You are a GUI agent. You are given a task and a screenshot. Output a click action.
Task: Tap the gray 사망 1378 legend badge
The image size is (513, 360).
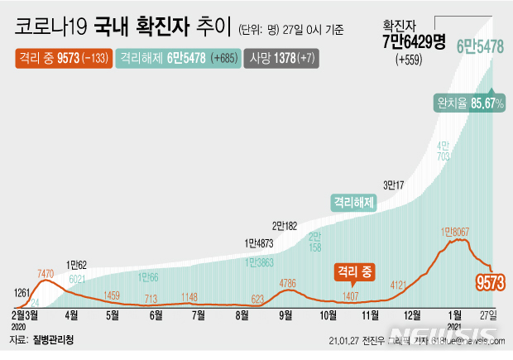pos(271,59)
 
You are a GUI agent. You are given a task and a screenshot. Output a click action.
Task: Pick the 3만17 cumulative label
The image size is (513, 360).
pos(393,185)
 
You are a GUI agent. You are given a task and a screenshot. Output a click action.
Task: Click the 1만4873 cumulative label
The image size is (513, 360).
pos(258,243)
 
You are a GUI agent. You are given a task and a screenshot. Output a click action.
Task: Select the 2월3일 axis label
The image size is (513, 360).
pos(26,315)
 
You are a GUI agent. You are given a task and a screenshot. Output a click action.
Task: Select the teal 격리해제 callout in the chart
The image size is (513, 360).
pos(353,200)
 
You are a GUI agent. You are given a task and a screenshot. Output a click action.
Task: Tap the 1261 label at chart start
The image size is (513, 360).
pos(25,291)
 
